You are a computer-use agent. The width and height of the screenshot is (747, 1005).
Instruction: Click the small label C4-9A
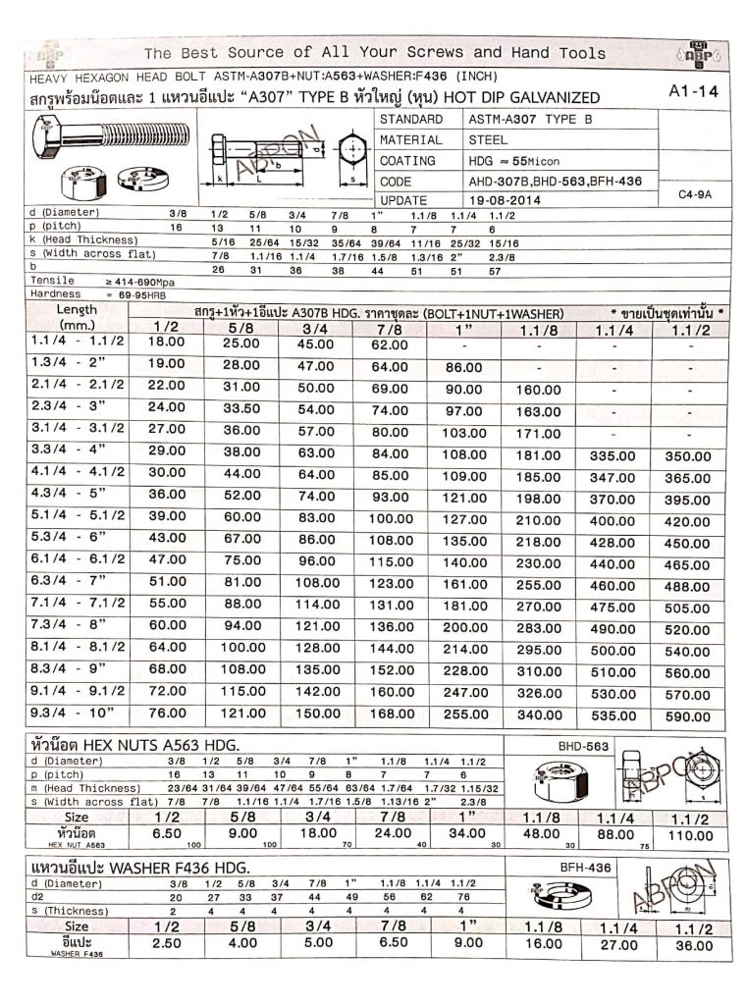pos(695,194)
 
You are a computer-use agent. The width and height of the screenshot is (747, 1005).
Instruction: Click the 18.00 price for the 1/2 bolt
pos(166,343)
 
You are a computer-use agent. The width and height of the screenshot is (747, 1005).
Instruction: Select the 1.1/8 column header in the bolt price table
pos(539,329)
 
